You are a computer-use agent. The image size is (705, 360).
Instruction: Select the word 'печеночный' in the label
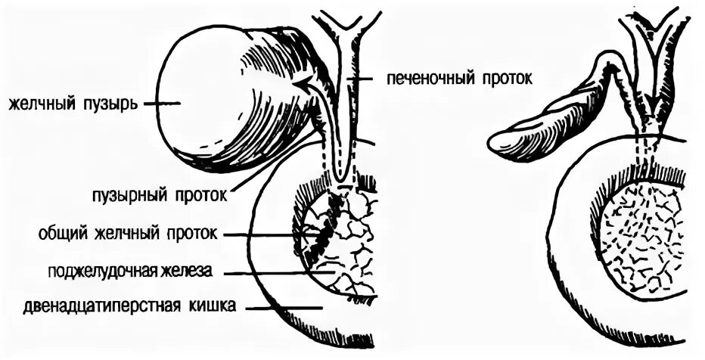coord(428,79)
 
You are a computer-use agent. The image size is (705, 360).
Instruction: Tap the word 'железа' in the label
coord(186,270)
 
